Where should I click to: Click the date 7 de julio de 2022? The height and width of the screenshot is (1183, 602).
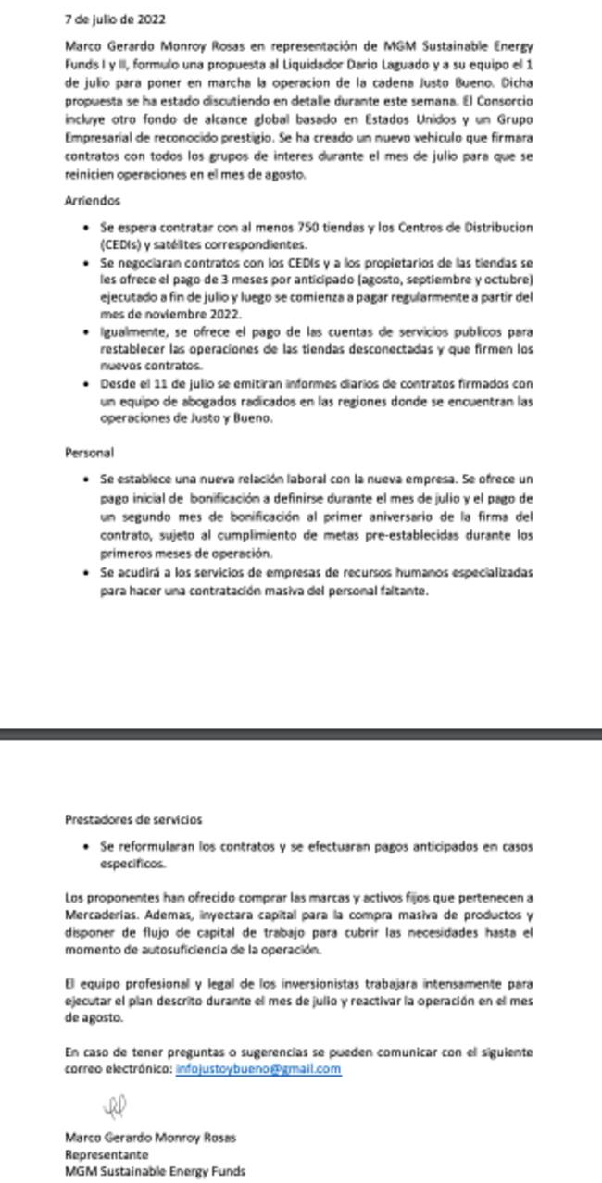tap(104, 19)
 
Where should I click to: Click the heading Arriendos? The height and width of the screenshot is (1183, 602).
tap(93, 200)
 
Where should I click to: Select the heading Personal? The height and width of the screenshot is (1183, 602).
tap(89, 453)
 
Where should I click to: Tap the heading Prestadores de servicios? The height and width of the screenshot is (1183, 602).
tap(133, 819)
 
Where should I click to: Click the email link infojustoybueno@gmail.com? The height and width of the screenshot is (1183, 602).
tap(257, 1068)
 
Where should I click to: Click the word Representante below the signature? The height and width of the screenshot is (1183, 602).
tap(107, 1154)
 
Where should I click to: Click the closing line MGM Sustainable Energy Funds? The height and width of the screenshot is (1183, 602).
tap(155, 1171)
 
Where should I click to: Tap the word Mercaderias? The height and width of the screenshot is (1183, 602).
tap(104, 915)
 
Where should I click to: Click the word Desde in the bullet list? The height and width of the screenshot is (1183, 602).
tap(116, 384)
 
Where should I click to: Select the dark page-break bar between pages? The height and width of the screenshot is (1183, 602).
tap(301, 733)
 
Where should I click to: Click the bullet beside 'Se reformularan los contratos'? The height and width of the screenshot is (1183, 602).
tap(87, 846)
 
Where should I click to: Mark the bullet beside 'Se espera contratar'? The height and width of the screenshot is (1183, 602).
tap(87, 228)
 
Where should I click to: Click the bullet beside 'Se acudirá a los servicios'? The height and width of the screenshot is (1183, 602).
tap(87, 573)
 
